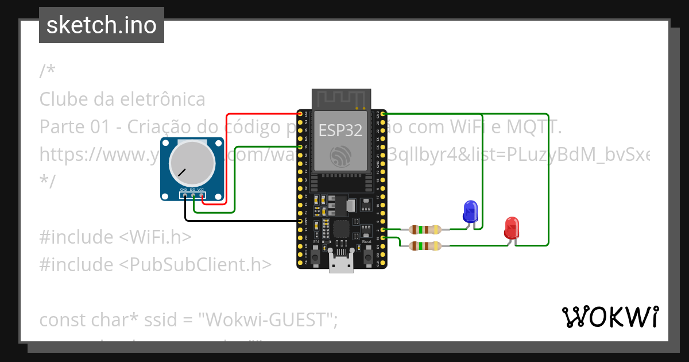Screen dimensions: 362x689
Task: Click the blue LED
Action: (x=470, y=211)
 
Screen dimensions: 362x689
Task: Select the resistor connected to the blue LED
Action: (x=425, y=230)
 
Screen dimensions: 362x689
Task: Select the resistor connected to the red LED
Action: (x=425, y=246)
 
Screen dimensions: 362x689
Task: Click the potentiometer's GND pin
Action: (x=185, y=196)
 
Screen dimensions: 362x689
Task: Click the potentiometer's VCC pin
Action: (x=202, y=196)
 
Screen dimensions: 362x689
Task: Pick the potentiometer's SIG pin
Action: (x=193, y=196)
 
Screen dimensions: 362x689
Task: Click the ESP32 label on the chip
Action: (x=340, y=130)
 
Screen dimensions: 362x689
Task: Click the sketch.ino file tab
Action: (x=102, y=25)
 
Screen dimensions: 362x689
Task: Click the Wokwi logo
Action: (x=610, y=317)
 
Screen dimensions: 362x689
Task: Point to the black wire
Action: (x=241, y=221)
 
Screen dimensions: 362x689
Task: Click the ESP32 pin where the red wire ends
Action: (x=300, y=115)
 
